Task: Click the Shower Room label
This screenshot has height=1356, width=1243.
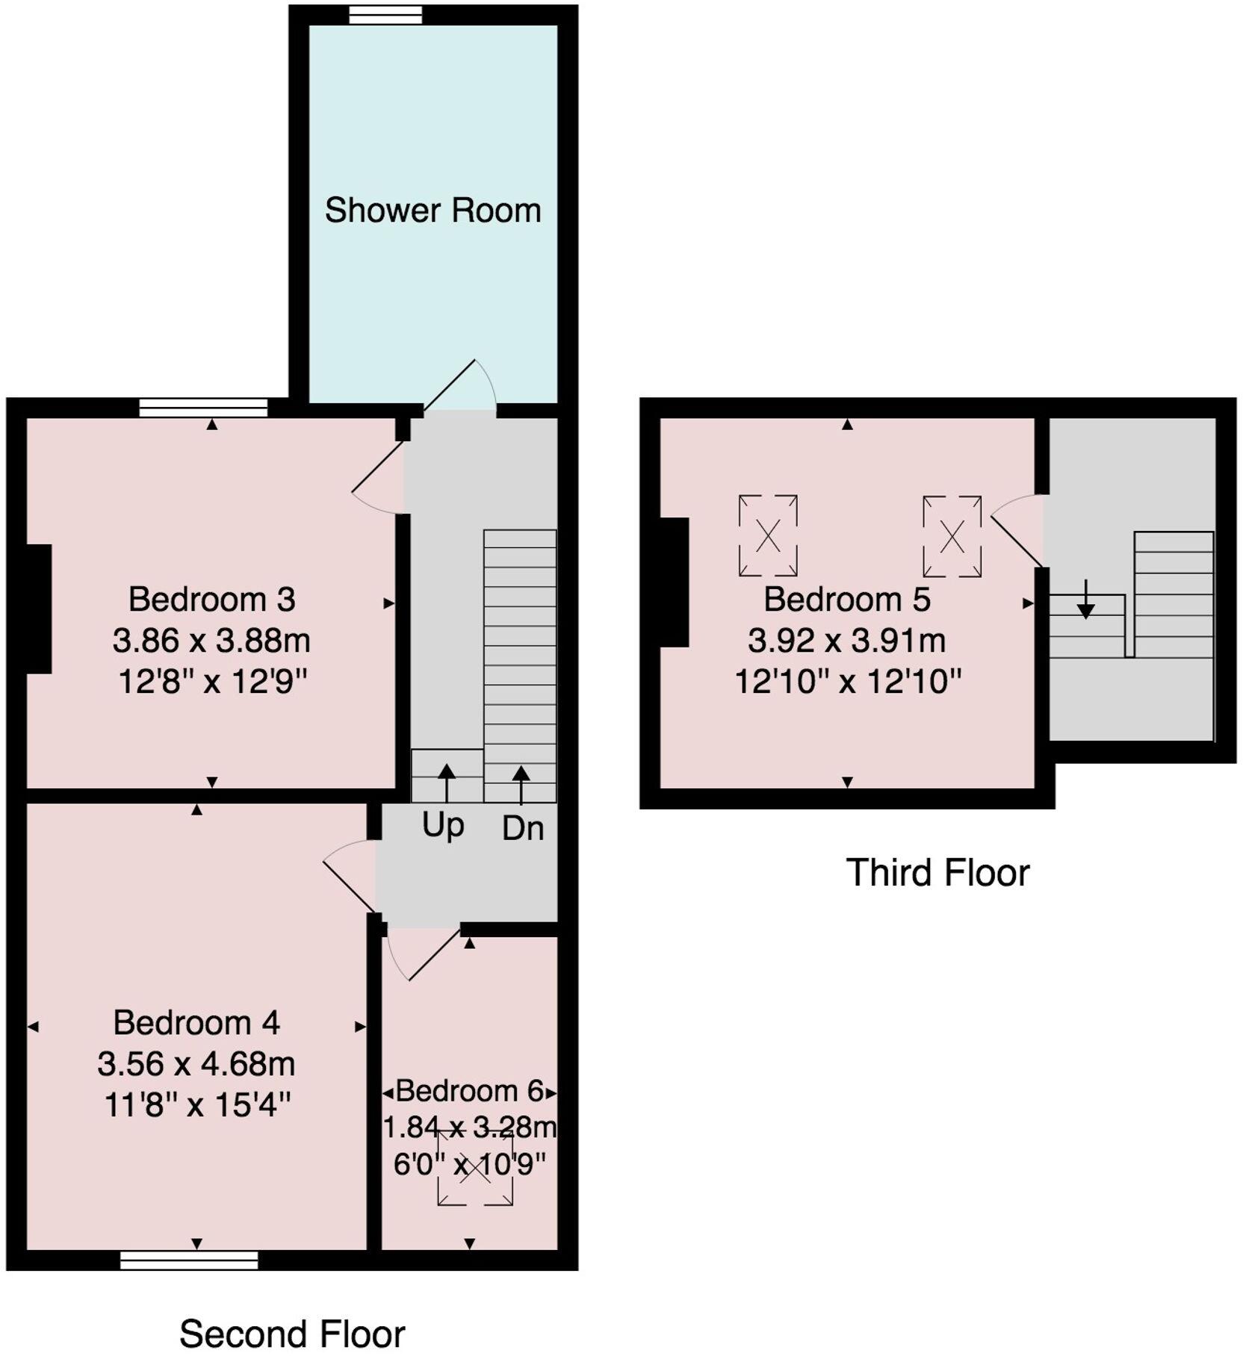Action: [x=433, y=211]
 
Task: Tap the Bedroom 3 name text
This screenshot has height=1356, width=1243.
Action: [x=212, y=599]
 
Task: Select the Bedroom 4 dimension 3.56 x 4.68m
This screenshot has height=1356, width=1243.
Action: [x=196, y=1063]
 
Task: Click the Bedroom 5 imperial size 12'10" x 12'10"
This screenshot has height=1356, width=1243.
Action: [x=848, y=681]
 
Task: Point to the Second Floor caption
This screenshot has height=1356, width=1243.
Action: [x=292, y=1334]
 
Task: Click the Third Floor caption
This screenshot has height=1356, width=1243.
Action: [x=937, y=872]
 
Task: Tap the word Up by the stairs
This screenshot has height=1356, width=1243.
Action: [x=443, y=826]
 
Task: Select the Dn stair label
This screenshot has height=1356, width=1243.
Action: [x=523, y=828]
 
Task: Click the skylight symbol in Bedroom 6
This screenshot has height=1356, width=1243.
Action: [x=475, y=1169]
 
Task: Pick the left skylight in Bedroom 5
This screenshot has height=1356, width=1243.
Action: [x=768, y=535]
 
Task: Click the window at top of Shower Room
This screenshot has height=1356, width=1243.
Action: [x=385, y=15]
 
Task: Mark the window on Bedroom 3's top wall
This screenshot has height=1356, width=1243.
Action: [x=203, y=408]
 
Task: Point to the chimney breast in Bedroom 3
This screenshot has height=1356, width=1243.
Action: [x=39, y=609]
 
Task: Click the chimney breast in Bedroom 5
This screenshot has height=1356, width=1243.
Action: [x=674, y=582]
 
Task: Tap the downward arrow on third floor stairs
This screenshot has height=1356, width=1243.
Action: [x=1085, y=598]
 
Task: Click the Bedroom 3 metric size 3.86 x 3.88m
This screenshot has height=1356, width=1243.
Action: [x=211, y=641]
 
